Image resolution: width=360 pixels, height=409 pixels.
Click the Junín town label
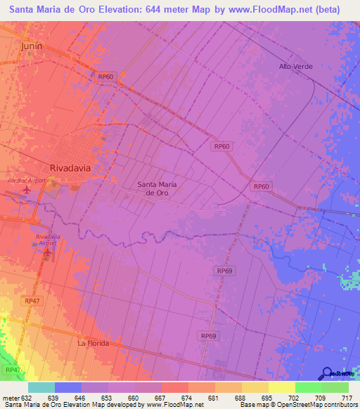pos(32,46)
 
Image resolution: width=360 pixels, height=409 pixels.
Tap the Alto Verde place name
pos(295,66)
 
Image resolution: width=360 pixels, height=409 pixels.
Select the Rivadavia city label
pos(72,168)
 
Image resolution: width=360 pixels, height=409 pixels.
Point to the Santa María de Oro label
pos(156,188)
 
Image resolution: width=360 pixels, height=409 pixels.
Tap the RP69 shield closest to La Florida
pos(208,337)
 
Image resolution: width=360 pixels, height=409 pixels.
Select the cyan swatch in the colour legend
pos(41,387)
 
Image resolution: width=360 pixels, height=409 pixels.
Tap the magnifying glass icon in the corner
pos(327,372)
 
